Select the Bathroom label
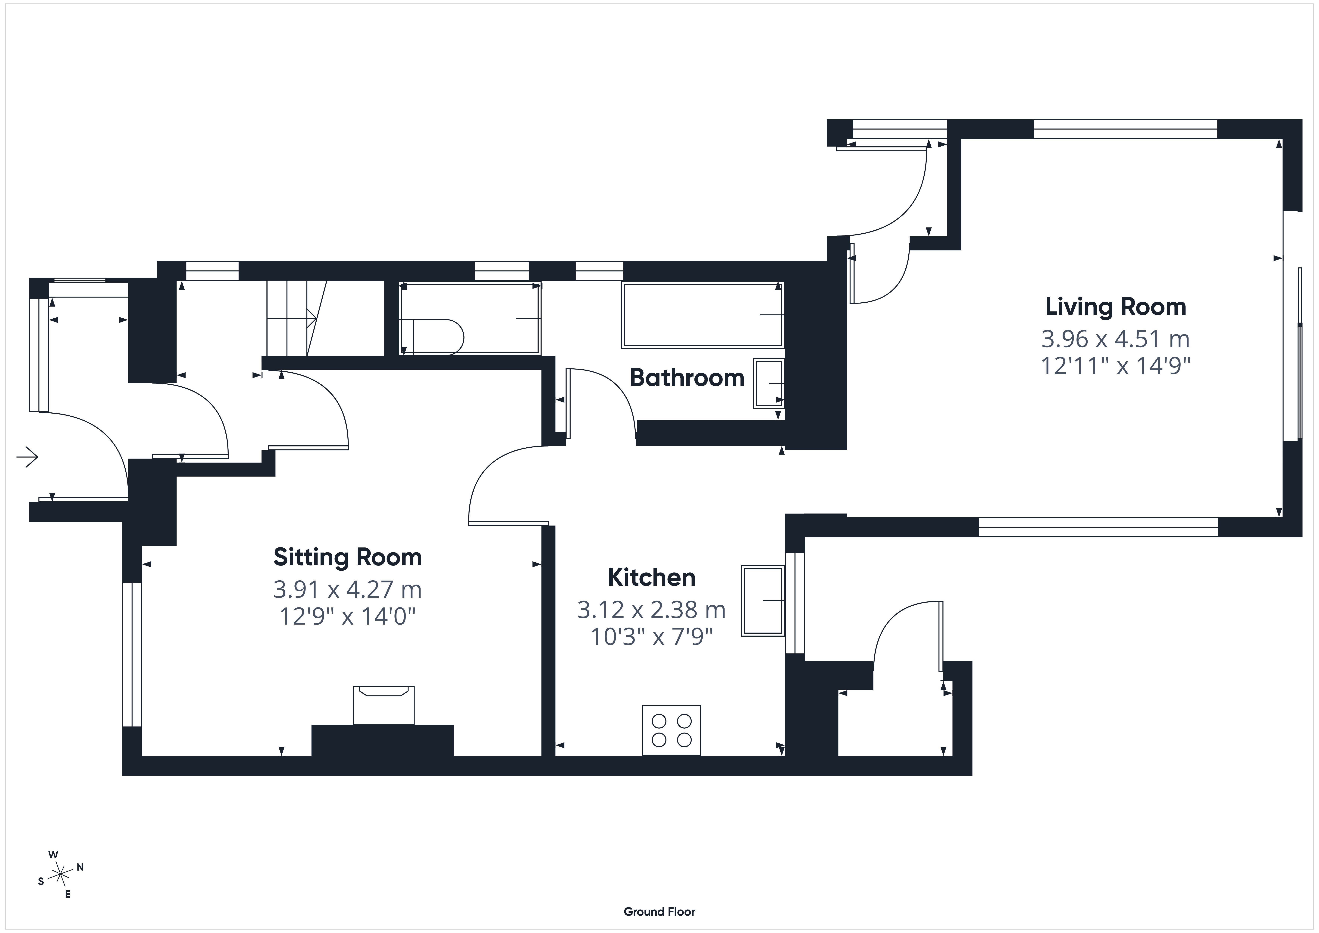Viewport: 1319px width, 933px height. point(687,378)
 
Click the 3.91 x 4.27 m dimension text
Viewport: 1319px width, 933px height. point(348,589)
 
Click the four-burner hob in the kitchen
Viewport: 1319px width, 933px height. point(672,730)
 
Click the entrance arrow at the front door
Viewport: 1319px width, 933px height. point(27,458)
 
